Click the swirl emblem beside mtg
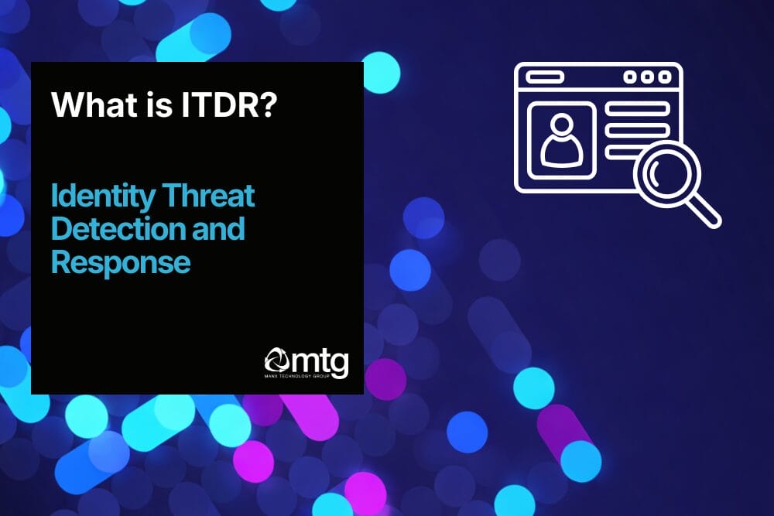[x=278, y=361]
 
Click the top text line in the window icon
[x=636, y=110]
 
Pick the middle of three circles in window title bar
[x=646, y=77]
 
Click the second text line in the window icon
[x=636, y=128]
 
